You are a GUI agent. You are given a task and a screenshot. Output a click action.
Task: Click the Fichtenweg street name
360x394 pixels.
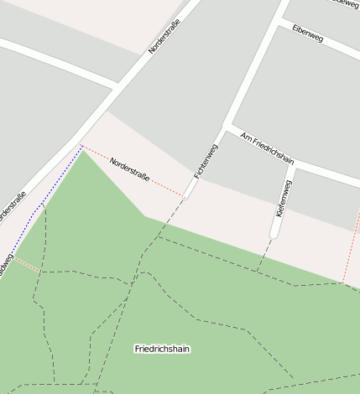click(x=206, y=161)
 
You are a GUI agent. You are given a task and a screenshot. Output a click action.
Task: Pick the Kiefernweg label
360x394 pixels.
click(x=284, y=199)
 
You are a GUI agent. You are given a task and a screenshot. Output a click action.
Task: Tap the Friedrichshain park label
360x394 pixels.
click(x=162, y=348)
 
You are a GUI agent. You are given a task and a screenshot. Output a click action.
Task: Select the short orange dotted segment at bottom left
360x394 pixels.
click(x=27, y=264)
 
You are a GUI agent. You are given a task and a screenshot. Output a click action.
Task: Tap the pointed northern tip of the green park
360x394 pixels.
click(x=83, y=152)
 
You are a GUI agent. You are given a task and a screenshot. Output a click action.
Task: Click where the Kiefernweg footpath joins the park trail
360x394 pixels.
click(x=258, y=272)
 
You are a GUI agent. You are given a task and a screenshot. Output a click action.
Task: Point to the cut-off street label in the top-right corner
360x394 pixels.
click(x=345, y=3)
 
